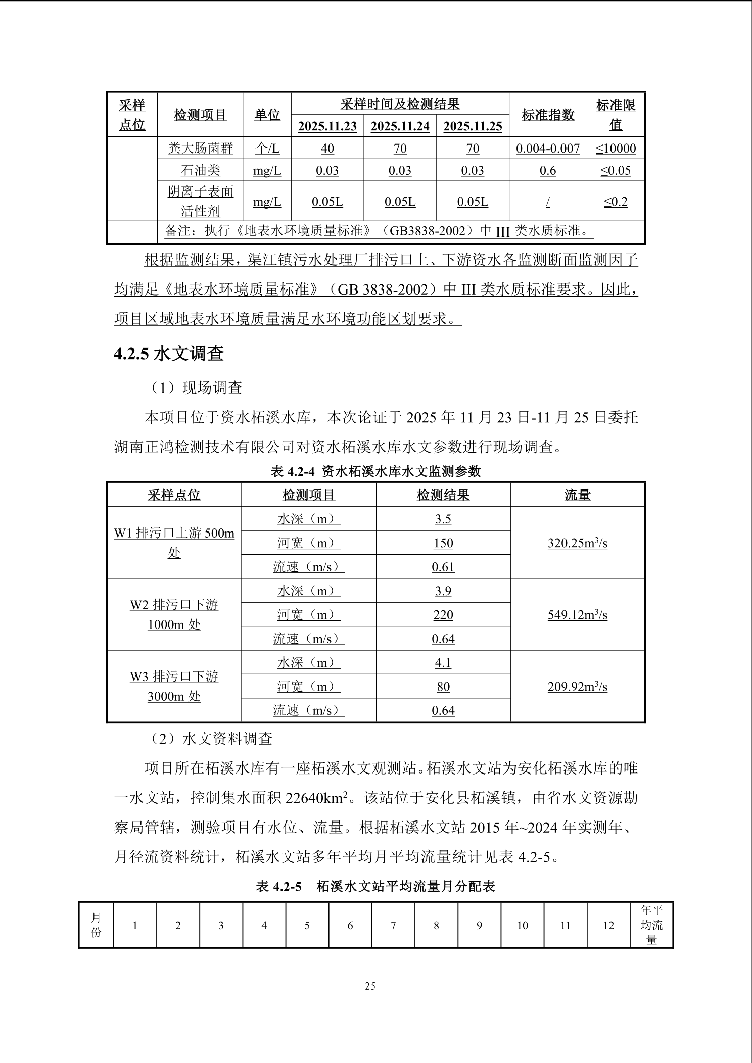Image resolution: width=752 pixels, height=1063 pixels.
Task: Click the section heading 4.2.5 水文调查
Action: pos(169,354)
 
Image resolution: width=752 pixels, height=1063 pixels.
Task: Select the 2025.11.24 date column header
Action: pos(400,126)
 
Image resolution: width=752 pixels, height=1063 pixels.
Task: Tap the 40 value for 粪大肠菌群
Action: pos(327,149)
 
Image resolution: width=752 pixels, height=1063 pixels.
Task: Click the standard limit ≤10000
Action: pos(615,149)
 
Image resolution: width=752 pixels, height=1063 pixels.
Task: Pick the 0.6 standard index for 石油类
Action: pos(548,171)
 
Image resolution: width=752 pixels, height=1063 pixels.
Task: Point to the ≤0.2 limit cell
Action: pos(615,202)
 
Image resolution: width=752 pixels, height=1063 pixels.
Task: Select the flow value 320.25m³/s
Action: pos(577,543)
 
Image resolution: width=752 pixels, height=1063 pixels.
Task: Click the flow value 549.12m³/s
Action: pos(577,615)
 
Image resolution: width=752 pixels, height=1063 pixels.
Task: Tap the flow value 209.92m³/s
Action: pos(577,687)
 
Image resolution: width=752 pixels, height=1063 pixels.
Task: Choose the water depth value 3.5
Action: pos(443,519)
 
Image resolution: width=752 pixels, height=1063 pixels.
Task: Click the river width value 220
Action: pos(443,615)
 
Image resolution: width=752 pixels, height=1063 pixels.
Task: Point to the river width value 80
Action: pos(443,687)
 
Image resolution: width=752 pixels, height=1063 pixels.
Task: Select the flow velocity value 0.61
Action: pos(443,567)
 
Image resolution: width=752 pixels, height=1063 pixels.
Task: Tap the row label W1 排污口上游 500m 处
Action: pos(174,543)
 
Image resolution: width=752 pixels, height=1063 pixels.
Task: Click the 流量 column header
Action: pos(577,495)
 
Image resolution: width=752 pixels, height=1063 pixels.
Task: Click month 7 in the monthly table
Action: pos(393,925)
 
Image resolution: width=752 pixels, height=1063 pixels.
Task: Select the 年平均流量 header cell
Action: pos(651,925)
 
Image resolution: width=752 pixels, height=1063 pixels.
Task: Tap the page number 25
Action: pos(370,986)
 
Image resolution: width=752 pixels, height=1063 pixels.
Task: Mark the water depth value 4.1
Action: pos(443,662)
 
